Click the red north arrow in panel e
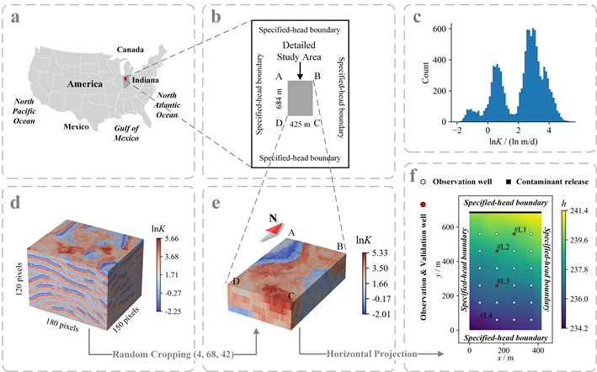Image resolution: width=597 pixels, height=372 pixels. (x=268, y=229)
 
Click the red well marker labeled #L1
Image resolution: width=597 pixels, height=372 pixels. (x=514, y=233)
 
